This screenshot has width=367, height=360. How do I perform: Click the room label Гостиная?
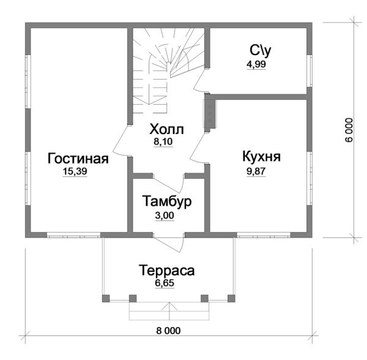(78, 159)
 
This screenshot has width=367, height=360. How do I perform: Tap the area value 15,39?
(75, 171)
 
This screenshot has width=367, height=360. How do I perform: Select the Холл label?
(166, 129)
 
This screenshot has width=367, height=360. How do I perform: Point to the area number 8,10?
(163, 141)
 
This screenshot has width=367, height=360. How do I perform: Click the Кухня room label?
(261, 156)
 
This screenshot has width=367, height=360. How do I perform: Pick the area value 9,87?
(256, 171)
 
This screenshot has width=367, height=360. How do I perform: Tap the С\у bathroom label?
(261, 51)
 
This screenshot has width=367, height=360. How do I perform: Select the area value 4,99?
(256, 64)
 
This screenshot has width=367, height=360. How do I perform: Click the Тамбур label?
(166, 201)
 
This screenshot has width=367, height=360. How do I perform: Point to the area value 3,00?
(165, 216)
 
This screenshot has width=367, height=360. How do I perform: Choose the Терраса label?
(166, 270)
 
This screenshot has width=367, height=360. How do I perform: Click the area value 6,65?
(165, 283)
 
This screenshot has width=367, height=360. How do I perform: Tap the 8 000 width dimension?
(168, 331)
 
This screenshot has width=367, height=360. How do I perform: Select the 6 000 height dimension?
(349, 130)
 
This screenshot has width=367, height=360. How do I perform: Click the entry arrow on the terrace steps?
(169, 310)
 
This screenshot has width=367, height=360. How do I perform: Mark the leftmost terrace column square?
(106, 298)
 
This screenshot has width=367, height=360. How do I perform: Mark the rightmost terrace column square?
(231, 298)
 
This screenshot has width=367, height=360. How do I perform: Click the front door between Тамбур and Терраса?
(169, 242)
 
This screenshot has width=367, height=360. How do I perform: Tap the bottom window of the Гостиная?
(73, 235)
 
